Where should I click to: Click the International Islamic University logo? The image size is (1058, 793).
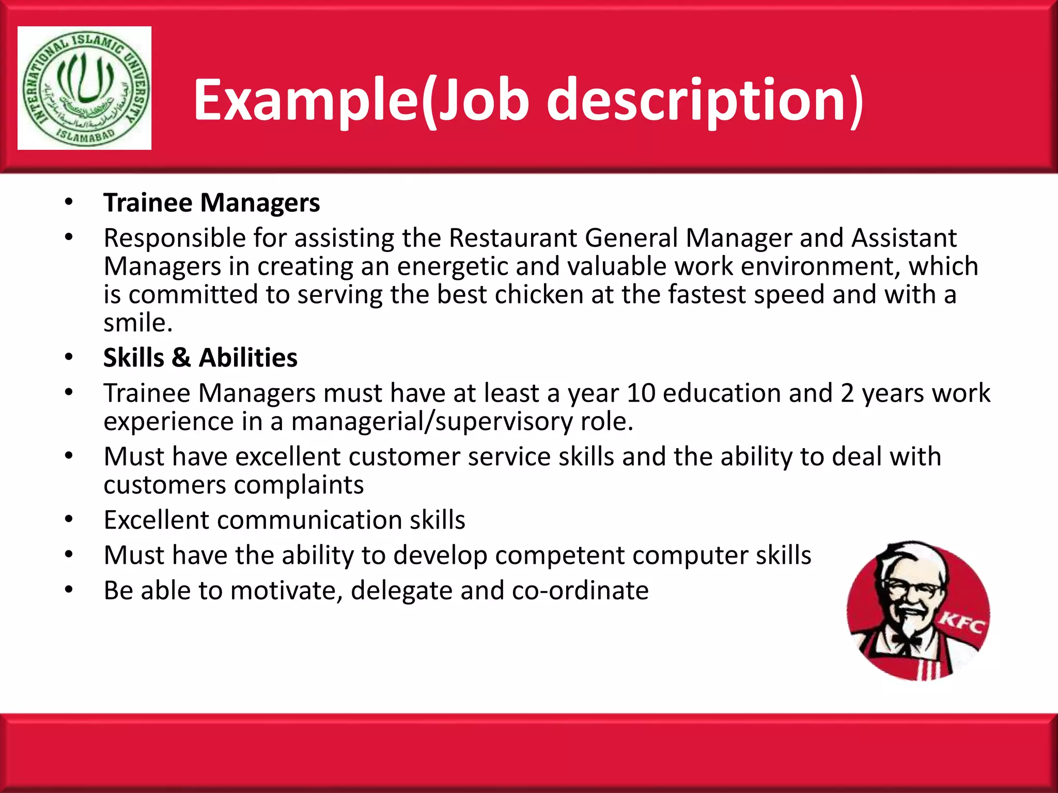(84, 88)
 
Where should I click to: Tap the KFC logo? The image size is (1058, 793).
(918, 610)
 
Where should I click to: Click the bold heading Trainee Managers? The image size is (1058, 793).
(211, 202)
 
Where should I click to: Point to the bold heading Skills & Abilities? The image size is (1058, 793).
(200, 358)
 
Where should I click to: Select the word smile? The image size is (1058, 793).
(137, 323)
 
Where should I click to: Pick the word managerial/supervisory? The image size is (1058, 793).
(432, 421)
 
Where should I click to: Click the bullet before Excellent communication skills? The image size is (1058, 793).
(69, 519)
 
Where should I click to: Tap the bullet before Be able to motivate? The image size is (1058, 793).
(69, 590)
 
